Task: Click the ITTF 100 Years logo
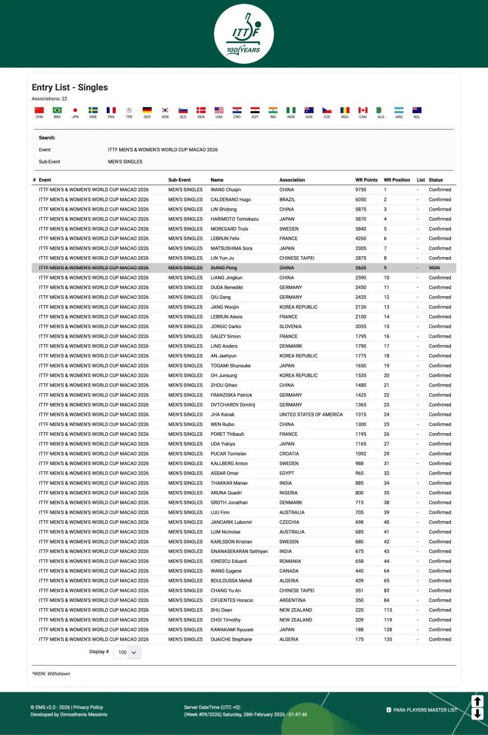tap(244, 34)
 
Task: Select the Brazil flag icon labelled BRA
tap(57, 111)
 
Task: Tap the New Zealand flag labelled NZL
tap(417, 111)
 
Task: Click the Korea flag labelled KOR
tap(165, 111)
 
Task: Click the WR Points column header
tap(366, 180)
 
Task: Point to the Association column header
tap(292, 180)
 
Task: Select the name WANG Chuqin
tap(225, 190)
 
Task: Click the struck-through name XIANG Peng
tap(224, 268)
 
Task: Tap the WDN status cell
tap(434, 268)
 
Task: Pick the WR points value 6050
tap(361, 199)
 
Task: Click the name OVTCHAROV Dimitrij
tap(233, 405)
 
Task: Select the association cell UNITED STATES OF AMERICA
tap(311, 415)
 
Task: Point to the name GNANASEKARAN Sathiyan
tap(239, 551)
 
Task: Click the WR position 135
tap(388, 639)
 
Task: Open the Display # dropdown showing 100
tap(127, 652)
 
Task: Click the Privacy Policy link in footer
tap(88, 707)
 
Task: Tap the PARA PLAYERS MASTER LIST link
tap(425, 710)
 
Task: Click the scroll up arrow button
tap(477, 701)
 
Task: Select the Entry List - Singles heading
tap(70, 88)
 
